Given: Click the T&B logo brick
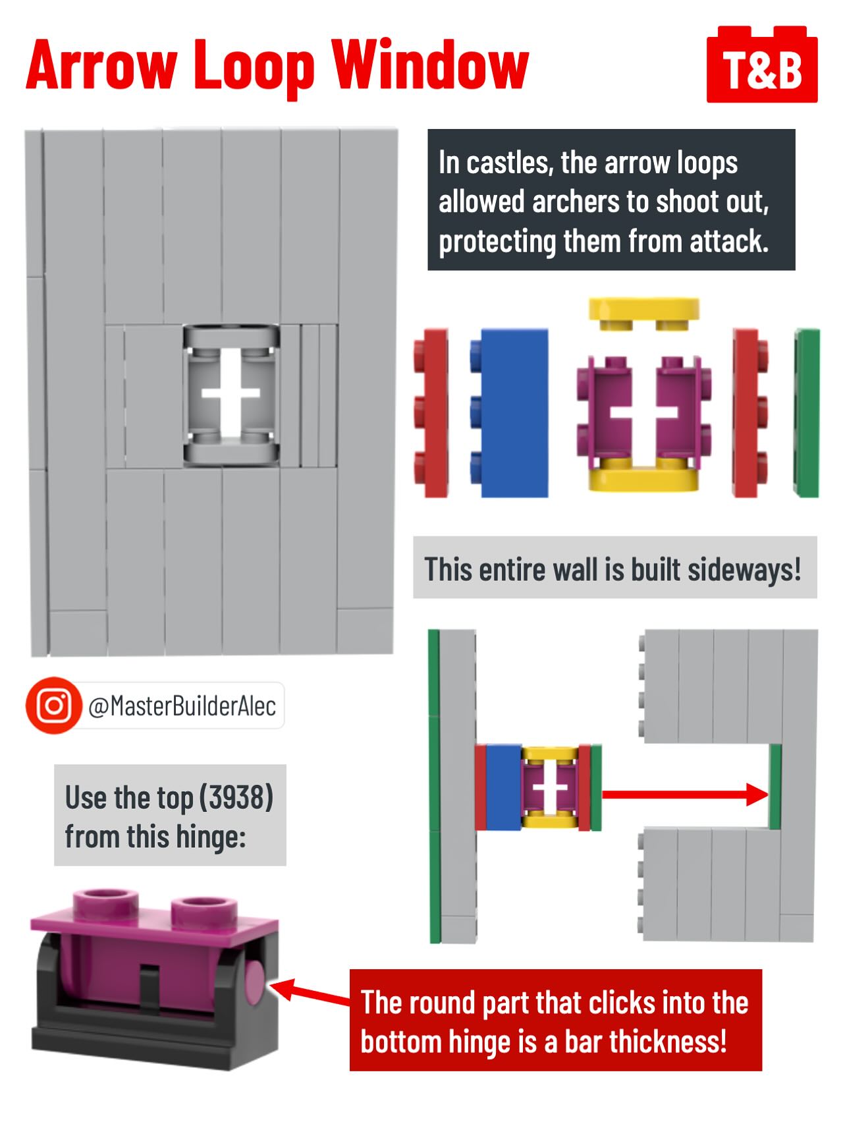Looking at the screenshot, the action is point(762,66).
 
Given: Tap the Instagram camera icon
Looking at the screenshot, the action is point(53,706).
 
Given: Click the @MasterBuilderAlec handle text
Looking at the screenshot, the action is point(182,706).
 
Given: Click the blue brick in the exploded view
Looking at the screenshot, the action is point(509,412).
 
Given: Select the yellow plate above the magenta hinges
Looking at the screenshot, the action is point(644,314).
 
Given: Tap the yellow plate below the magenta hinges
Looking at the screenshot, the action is point(643,476).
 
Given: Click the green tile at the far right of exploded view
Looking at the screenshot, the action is point(807,413).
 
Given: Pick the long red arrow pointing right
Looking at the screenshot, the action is point(685,794).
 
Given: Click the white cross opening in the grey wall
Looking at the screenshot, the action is point(231,394).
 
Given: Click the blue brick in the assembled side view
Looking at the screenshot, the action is point(504,787).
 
